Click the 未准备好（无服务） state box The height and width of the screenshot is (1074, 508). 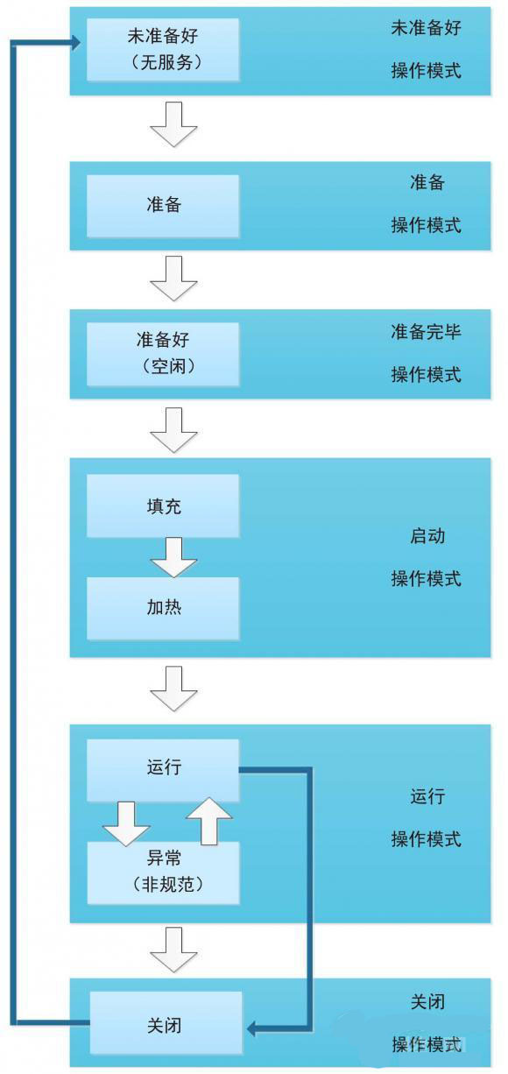(x=163, y=49)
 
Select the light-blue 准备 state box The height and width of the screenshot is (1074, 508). (x=163, y=206)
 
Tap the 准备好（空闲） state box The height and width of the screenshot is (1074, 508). (x=163, y=354)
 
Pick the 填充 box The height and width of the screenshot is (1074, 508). (x=163, y=505)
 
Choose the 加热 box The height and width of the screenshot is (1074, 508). (x=163, y=608)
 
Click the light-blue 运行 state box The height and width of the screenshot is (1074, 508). (x=163, y=770)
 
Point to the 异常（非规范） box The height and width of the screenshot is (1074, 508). (x=163, y=873)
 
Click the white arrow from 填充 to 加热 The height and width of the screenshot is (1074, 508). (x=173, y=557)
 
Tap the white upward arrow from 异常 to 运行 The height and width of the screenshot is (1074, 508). (x=209, y=821)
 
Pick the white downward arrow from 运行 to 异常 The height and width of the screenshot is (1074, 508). (x=126, y=823)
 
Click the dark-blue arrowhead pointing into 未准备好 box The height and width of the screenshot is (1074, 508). (x=75, y=43)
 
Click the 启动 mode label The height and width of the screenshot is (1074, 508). (x=427, y=535)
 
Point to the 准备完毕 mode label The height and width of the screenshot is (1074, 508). (x=426, y=331)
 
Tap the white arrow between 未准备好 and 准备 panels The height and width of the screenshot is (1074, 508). (x=173, y=124)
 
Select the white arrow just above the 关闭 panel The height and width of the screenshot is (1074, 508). (x=173, y=950)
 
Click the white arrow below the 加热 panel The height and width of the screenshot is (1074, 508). (x=173, y=689)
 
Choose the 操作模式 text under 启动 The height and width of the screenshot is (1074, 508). (x=426, y=578)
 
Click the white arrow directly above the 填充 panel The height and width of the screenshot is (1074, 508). (x=173, y=430)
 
